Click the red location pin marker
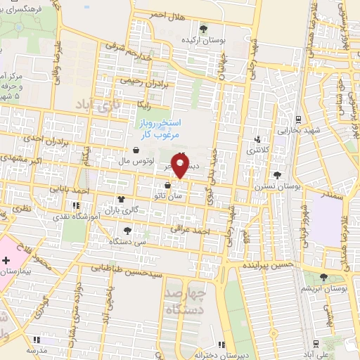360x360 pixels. pos(181,166)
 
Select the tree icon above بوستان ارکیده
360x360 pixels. pos(203,29)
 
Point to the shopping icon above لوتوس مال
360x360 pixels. pos(135,150)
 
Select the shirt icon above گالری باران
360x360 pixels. pos(122,199)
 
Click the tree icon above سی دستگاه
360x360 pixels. pos(127,230)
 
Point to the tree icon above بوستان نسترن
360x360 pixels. pos(278,174)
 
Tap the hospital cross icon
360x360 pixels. pos(6,261)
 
